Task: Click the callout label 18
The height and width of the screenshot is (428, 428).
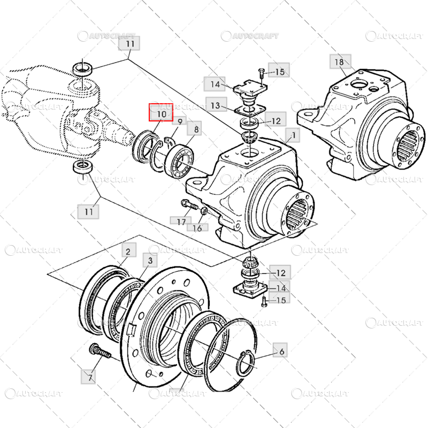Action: coord(339,62)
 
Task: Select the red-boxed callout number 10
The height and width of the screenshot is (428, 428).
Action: coord(162,114)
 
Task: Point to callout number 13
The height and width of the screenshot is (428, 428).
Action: coord(215,105)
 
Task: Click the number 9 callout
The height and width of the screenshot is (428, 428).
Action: coord(180,122)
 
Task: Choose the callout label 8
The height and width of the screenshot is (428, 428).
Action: coord(196,129)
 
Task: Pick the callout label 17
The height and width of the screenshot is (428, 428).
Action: coord(181,220)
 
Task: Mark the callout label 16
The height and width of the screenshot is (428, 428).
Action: coord(197,228)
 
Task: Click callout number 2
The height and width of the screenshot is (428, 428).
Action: coord(128,251)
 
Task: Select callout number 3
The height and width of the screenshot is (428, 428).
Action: coord(150,261)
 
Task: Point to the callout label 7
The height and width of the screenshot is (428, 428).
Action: coord(90,378)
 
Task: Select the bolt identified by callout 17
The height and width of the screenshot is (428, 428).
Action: coord(189,204)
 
